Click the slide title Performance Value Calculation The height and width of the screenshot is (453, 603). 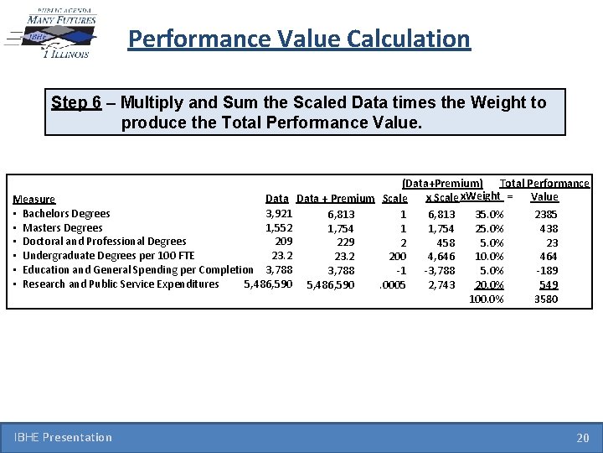(299, 39)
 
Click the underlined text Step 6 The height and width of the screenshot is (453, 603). (76, 103)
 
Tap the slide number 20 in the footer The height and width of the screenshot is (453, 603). (582, 437)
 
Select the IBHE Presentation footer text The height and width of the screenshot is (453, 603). (63, 437)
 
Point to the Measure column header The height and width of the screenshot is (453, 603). (34, 200)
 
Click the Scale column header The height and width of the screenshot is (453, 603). (394, 199)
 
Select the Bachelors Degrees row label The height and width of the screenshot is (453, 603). (66, 214)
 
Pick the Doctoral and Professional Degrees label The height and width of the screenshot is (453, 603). (104, 242)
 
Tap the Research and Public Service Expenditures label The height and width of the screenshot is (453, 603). (121, 284)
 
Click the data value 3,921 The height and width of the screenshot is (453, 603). (279, 214)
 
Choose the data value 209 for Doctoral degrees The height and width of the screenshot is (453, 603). (283, 242)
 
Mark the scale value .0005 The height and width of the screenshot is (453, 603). (393, 285)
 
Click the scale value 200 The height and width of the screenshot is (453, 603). (397, 257)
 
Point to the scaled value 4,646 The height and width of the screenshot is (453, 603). (441, 257)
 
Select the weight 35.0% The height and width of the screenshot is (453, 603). (489, 215)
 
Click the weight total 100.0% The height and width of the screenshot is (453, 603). (487, 299)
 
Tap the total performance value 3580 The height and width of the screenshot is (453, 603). (546, 299)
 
